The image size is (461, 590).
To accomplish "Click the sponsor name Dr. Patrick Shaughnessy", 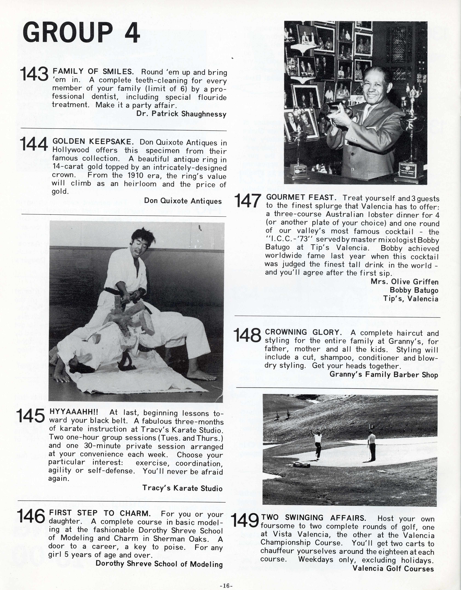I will point(181,114).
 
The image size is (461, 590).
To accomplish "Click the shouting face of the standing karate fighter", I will point(142,245).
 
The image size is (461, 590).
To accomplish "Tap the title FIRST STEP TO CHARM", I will point(100,513).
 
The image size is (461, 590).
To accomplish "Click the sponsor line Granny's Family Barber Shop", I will point(384,374).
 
